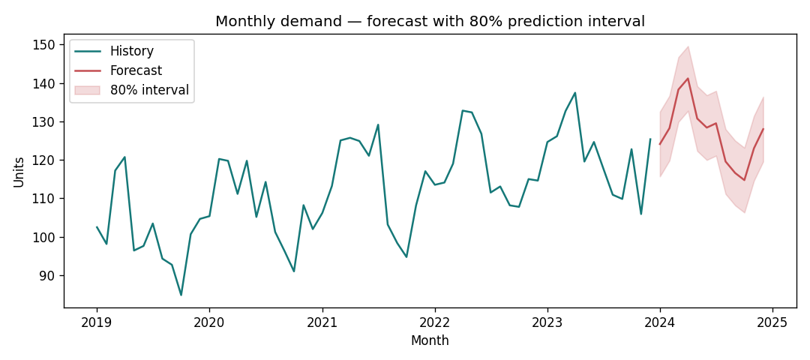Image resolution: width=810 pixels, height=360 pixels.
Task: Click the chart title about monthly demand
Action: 430,21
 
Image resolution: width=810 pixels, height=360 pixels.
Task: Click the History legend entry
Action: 131,52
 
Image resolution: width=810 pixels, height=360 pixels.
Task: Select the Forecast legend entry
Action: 136,71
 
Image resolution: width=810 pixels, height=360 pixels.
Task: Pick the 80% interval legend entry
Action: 149,91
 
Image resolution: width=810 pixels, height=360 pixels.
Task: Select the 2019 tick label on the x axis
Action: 97,322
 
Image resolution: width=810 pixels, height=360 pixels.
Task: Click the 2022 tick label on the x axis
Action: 434,322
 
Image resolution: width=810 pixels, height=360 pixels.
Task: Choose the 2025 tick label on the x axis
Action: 772,322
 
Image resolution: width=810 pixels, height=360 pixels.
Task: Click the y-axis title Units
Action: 19,172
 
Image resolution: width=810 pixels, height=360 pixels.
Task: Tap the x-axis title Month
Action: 430,341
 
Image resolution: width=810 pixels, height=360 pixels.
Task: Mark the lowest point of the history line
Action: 181,295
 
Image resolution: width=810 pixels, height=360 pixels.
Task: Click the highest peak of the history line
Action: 575,93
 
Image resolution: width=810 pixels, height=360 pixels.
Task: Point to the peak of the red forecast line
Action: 688,79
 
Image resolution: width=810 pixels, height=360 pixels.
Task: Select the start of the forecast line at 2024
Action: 660,144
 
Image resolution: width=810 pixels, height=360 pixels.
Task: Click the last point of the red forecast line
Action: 763,129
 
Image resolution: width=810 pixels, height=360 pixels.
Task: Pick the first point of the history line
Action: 97,226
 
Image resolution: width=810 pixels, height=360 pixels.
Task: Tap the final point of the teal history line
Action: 650,139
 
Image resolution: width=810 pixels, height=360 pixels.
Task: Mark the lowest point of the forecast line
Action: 744,180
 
